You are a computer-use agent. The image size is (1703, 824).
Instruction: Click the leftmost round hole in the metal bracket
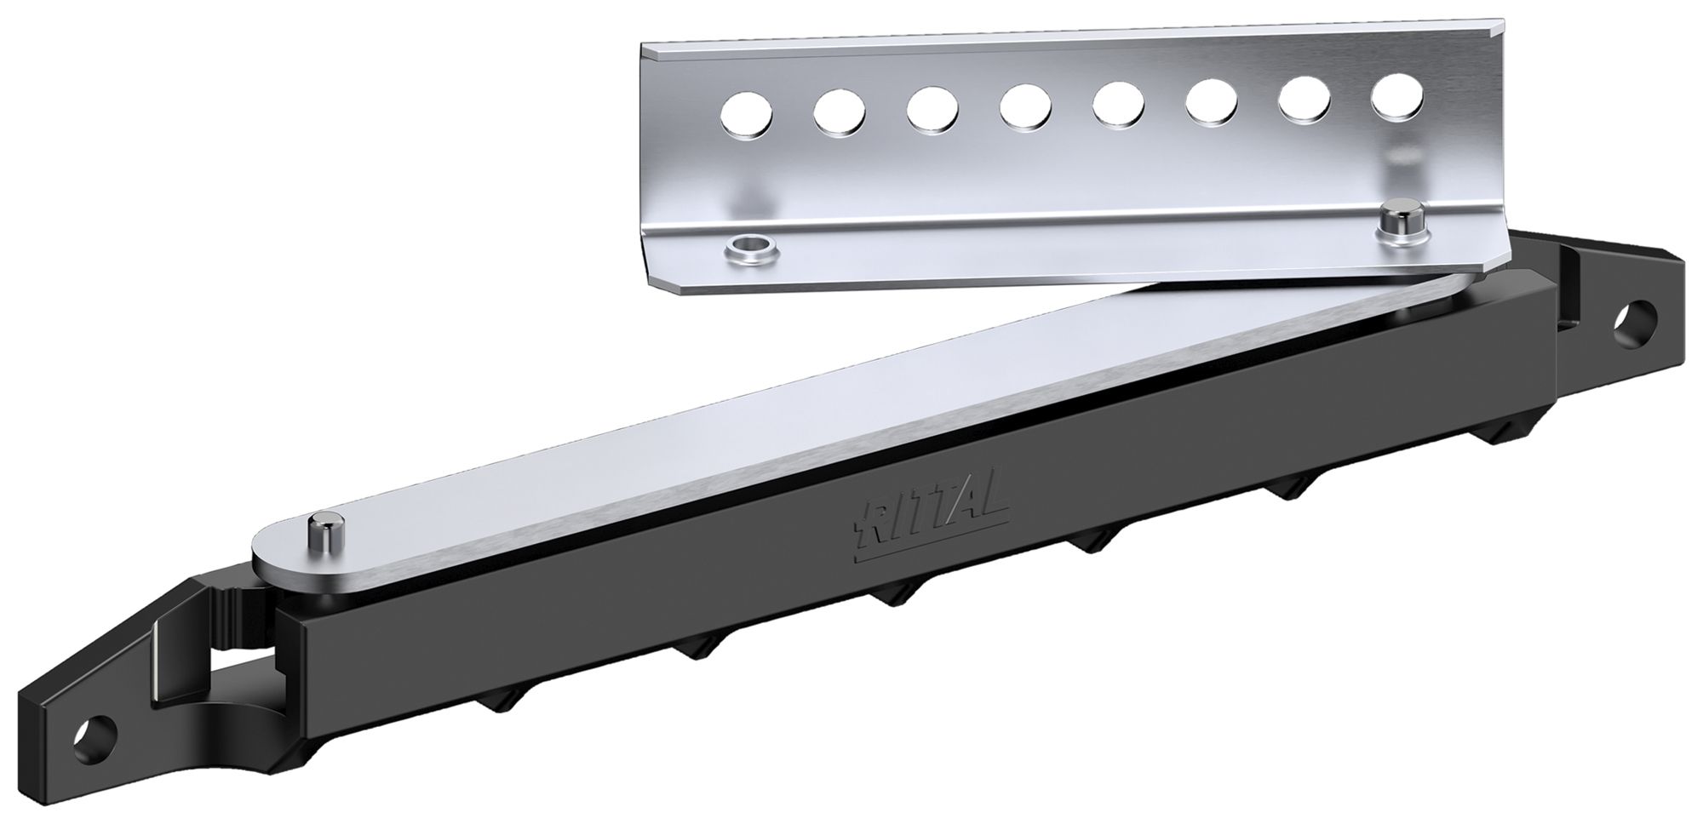pos(747,117)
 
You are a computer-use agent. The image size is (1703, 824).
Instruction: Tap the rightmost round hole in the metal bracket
pos(1396,96)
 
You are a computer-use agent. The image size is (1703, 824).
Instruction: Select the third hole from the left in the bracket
pos(932,112)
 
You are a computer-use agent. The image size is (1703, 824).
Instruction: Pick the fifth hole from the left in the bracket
pos(1119,106)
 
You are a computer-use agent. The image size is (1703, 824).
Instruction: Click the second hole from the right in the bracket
pos(1304,100)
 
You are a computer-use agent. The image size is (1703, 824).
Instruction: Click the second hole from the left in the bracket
pos(840,114)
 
